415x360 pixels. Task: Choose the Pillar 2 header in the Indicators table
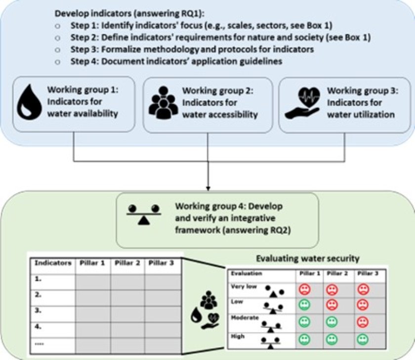click(127, 263)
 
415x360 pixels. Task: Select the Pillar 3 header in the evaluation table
click(366, 273)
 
